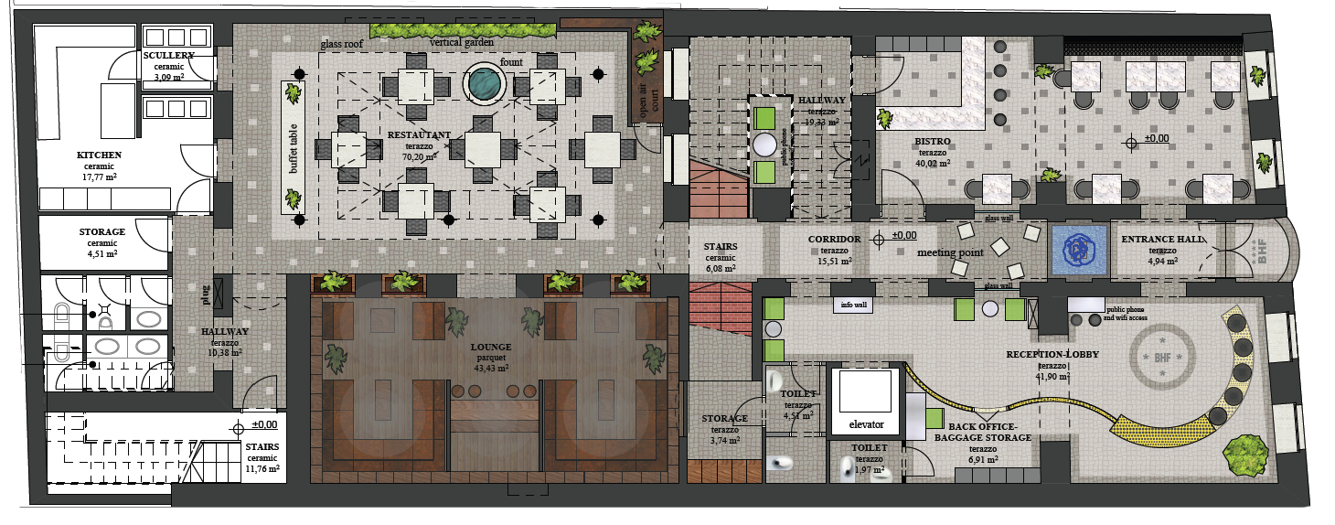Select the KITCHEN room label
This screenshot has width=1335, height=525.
tap(99, 155)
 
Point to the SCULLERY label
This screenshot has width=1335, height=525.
tap(168, 57)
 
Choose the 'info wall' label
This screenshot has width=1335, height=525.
tap(853, 305)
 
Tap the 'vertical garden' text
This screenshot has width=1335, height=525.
tap(462, 42)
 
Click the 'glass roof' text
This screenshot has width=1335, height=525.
tap(343, 43)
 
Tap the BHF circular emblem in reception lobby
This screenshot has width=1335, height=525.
tap(1161, 356)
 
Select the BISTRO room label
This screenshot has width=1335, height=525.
tap(932, 142)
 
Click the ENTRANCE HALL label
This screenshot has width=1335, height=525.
tap(1163, 240)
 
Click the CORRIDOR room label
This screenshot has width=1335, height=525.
tap(834, 240)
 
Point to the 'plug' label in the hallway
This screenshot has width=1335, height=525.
tap(206, 294)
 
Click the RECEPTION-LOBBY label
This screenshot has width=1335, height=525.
tap(1052, 353)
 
